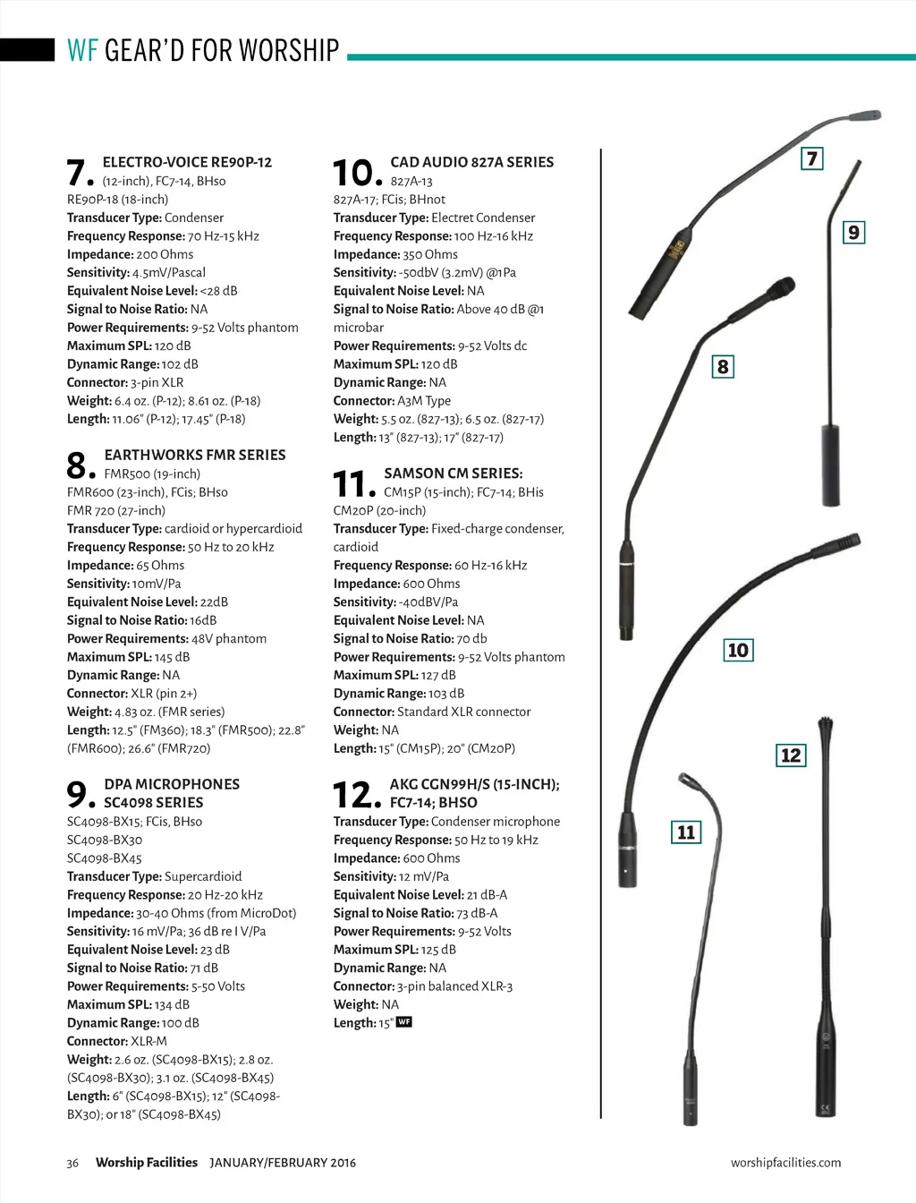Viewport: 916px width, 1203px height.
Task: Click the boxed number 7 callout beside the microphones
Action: tap(811, 159)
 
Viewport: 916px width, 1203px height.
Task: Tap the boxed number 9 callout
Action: tap(854, 233)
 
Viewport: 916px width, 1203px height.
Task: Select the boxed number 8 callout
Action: tap(723, 367)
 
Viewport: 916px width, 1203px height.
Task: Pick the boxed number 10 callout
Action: tap(738, 650)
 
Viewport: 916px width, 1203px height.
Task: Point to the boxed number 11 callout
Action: tap(686, 832)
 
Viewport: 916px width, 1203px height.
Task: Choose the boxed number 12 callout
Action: tap(791, 755)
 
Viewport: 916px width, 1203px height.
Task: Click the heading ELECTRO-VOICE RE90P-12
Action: tap(187, 162)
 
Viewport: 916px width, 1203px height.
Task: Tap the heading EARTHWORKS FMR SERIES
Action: tap(195, 455)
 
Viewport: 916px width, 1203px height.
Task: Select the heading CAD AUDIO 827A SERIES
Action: tap(471, 162)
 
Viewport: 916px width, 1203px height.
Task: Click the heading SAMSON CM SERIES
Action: tap(454, 473)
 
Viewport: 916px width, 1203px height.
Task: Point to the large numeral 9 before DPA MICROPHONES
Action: tap(79, 795)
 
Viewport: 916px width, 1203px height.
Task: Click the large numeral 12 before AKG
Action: tap(355, 795)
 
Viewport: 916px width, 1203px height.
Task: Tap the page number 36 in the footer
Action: tap(72, 1163)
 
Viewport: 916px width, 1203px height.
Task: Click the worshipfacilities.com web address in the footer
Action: tap(785, 1163)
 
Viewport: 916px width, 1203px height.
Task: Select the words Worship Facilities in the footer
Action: tap(147, 1163)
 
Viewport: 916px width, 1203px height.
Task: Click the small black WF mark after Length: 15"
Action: tap(404, 1022)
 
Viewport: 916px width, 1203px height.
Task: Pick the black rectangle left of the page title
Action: tap(27, 50)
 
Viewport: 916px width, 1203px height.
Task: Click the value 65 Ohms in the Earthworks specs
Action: tap(160, 566)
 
